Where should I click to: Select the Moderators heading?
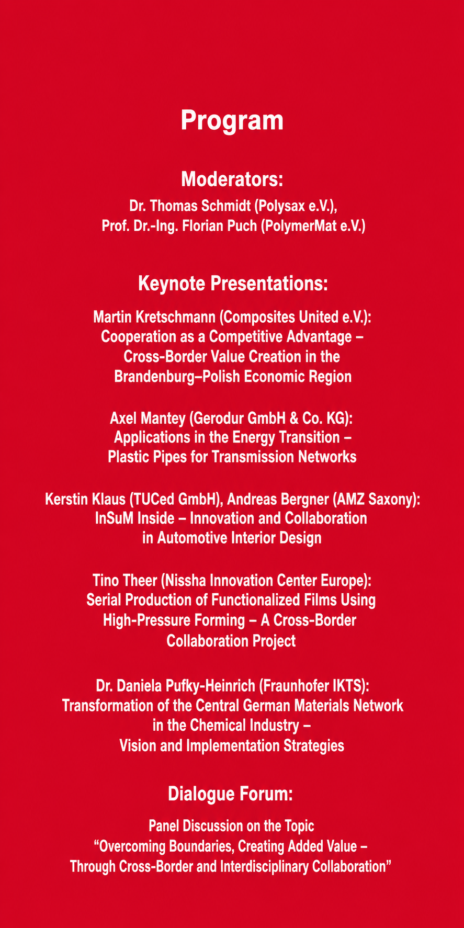(232, 179)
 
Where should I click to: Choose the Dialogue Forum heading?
(230, 794)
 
